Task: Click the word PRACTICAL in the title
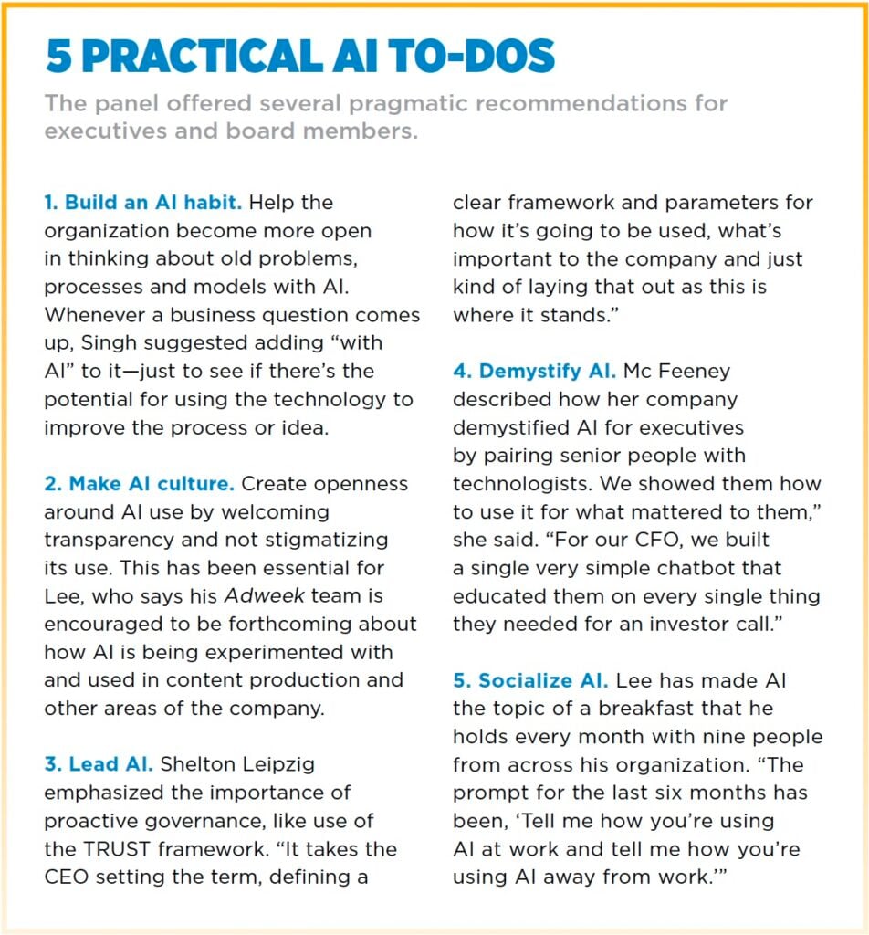click(199, 57)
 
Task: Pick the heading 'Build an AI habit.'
click(143, 202)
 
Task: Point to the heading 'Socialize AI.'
click(530, 680)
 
